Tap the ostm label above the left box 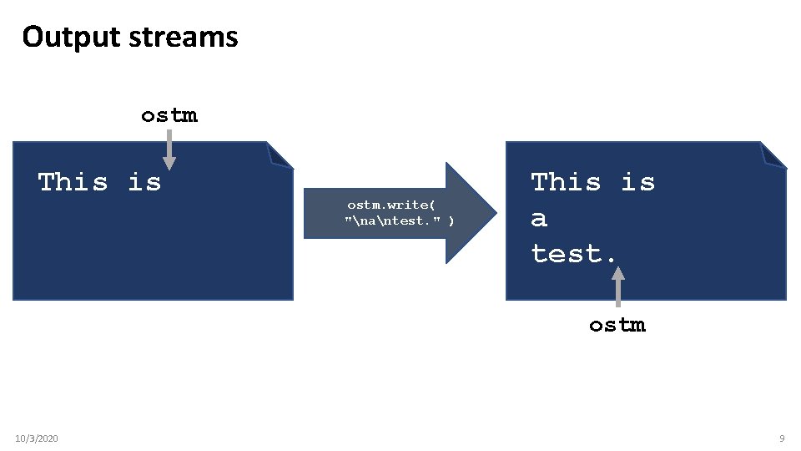[x=169, y=115]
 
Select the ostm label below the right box [x=617, y=325]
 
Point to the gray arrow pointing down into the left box [x=169, y=150]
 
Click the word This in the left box [x=73, y=181]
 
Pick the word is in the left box [x=144, y=181]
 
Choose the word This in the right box [x=566, y=181]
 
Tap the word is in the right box [x=637, y=181]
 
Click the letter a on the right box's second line [x=539, y=219]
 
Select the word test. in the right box [x=574, y=253]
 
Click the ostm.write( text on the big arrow [x=390, y=204]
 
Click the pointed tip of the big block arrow [x=484, y=213]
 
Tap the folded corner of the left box [x=281, y=154]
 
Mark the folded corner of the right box [x=774, y=154]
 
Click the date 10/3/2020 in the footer [x=37, y=438]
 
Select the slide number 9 [x=782, y=438]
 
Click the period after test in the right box [x=612, y=259]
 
